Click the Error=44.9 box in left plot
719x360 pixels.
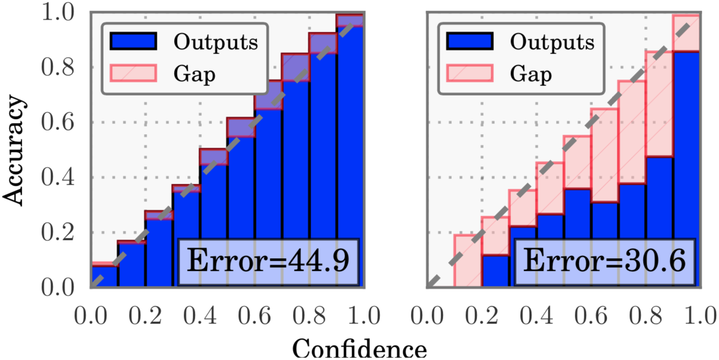tap(268, 262)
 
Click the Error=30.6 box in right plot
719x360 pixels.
tap(604, 262)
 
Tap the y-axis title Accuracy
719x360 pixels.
tap(15, 150)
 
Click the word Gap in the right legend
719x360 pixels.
tap(531, 74)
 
